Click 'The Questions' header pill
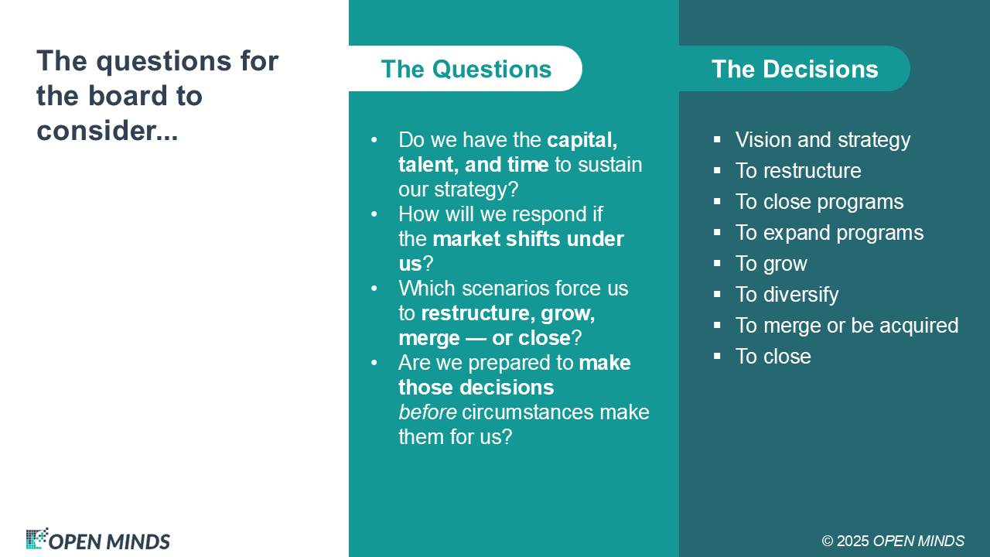[466, 69]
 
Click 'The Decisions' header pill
[794, 69]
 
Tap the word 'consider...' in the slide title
[108, 131]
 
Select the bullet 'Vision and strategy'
[823, 140]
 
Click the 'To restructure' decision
[798, 171]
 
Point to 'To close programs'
[819, 202]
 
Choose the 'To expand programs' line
[830, 233]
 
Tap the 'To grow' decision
[771, 264]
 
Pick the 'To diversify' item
[787, 295]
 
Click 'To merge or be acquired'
[847, 326]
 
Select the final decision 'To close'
[773, 357]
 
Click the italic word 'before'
[428, 412]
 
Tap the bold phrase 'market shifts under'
[528, 239]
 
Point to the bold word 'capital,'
[582, 140]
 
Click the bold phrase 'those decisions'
[476, 388]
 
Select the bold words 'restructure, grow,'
[508, 313]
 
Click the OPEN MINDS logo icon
[36, 538]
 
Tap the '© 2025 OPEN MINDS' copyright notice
[893, 541]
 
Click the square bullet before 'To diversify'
[717, 294]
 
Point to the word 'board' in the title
[128, 95]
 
